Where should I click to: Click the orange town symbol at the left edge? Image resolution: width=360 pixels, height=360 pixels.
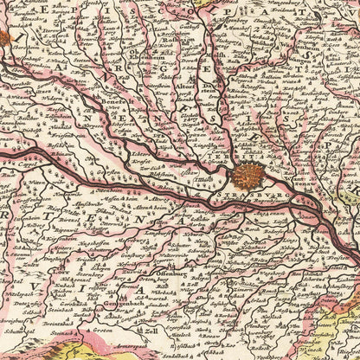tap(3, 37)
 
